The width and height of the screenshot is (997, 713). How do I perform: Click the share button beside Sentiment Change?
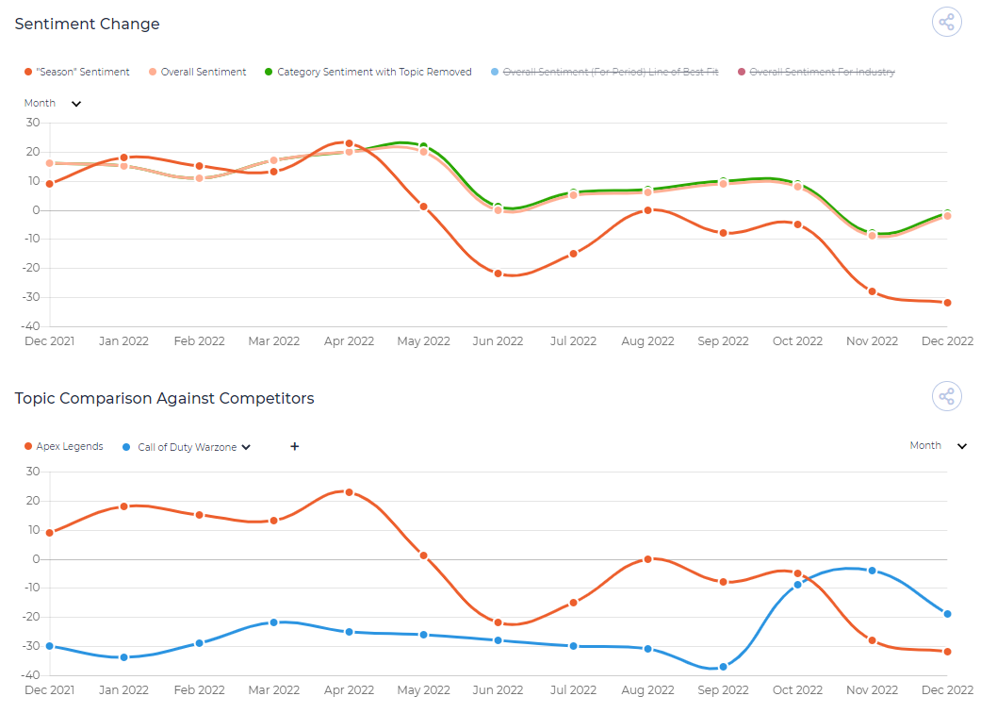(947, 23)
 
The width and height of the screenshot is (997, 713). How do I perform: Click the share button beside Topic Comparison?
(947, 397)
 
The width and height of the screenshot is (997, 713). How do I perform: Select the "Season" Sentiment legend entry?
(77, 72)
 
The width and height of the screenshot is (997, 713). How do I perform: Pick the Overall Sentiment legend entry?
(197, 72)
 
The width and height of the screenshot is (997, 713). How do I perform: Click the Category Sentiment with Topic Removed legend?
(368, 72)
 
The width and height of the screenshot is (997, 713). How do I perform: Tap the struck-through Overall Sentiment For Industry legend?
(816, 72)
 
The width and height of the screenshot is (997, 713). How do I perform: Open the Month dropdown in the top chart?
(53, 103)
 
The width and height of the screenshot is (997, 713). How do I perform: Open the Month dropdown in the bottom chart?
(939, 445)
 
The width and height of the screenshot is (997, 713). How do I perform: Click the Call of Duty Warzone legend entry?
(187, 447)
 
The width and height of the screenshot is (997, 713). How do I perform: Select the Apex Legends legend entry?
(63, 446)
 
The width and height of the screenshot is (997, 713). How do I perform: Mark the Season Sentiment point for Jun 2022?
(498, 274)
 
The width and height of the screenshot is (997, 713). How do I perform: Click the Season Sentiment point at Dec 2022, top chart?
(947, 303)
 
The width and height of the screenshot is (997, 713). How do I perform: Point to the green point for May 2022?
(423, 146)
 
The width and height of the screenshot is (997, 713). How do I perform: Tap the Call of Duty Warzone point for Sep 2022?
(723, 667)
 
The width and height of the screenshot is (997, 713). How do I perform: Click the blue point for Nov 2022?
(873, 571)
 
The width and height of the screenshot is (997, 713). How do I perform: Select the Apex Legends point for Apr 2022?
(349, 492)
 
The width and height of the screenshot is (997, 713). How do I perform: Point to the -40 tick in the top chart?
(30, 326)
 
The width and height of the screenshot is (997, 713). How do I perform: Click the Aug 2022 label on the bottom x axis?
(648, 690)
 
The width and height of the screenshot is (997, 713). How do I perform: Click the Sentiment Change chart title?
(87, 25)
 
